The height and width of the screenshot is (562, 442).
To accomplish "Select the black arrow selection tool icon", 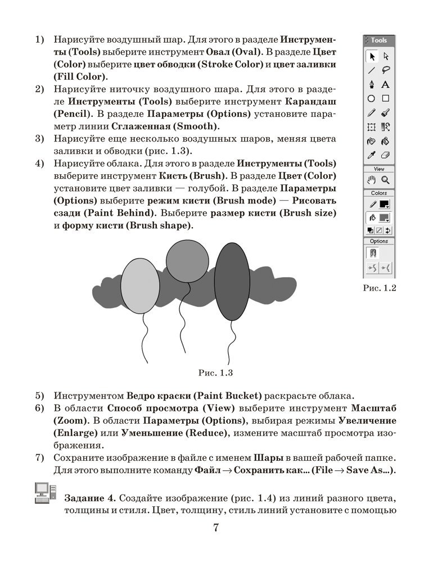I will point(372,56).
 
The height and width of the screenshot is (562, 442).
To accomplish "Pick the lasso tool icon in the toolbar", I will point(386,70).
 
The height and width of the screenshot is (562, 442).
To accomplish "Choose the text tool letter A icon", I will point(386,84).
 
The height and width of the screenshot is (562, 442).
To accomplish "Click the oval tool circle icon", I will point(372,98).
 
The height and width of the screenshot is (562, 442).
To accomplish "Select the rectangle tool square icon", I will point(386,98).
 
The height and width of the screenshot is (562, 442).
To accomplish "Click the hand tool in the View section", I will point(372,180).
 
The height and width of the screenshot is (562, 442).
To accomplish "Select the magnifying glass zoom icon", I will point(386,180).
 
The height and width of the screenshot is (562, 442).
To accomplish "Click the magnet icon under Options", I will point(372,253).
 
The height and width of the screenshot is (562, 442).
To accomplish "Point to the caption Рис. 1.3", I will point(216,372).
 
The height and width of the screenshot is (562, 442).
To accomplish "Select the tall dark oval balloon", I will point(232,282).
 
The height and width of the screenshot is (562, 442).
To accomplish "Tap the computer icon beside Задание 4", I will point(42,492).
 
